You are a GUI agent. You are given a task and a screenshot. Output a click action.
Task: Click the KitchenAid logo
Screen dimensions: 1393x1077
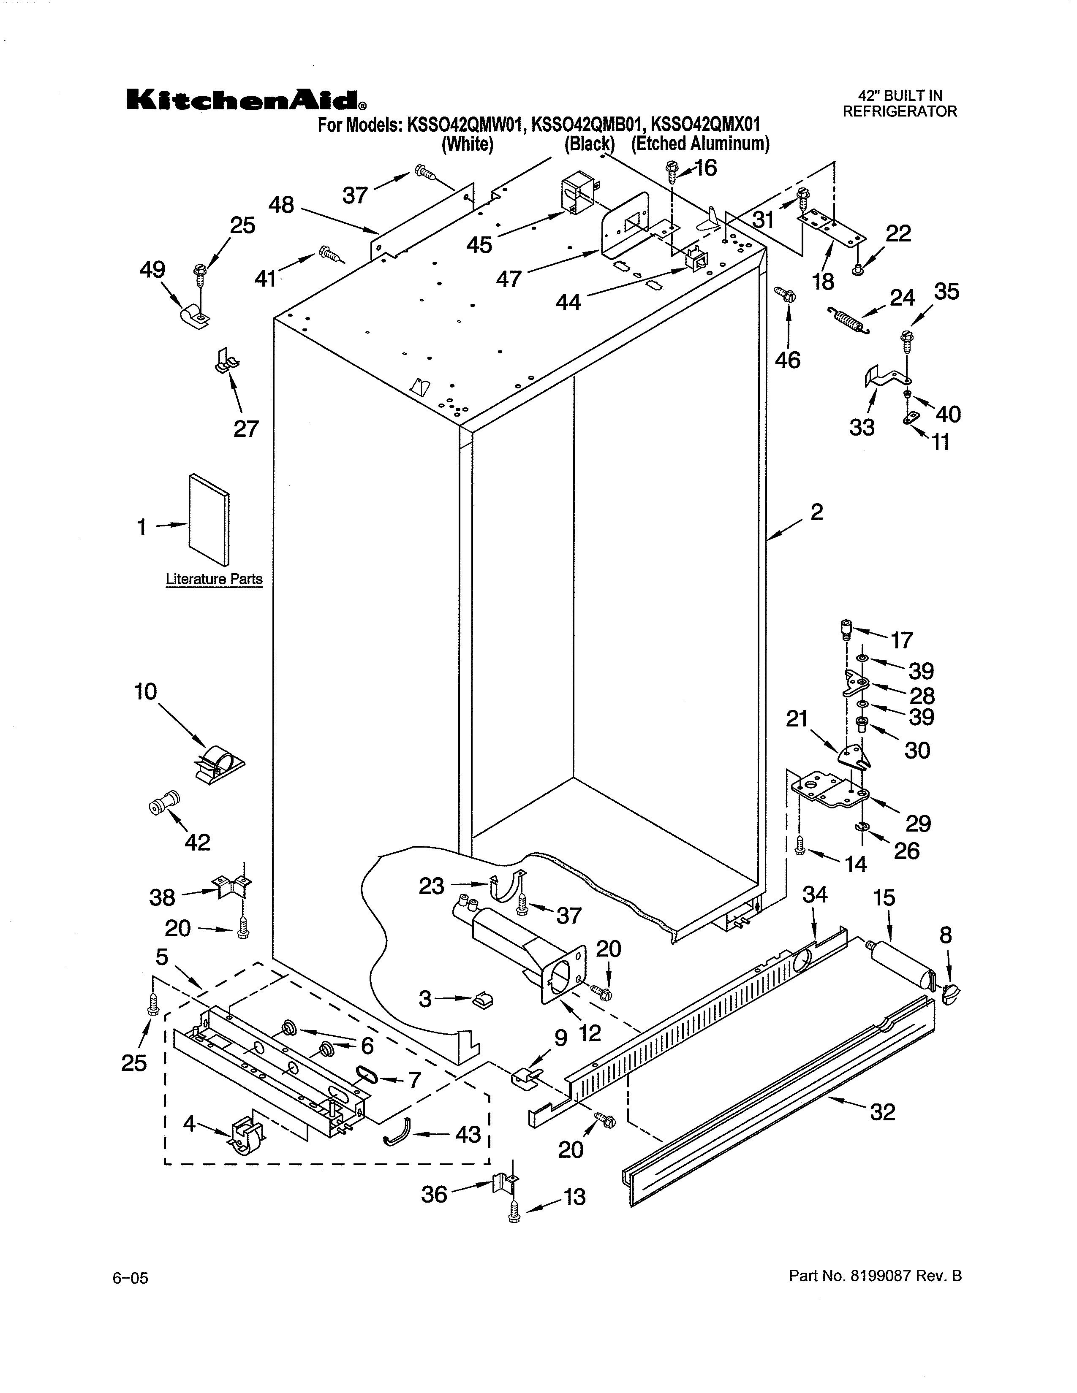[x=246, y=100]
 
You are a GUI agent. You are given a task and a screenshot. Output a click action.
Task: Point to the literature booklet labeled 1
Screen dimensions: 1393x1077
[x=209, y=520]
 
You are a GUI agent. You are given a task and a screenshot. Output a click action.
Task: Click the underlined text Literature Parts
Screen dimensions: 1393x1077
[x=214, y=579]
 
